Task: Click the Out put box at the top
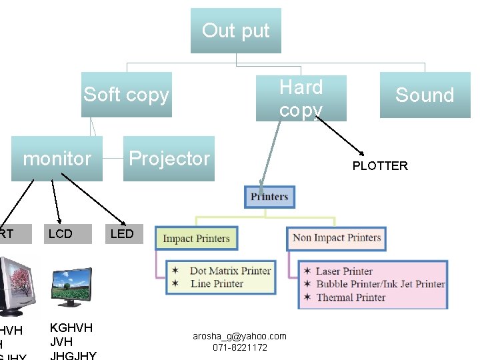(235, 31)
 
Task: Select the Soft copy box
(127, 95)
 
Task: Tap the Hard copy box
(301, 98)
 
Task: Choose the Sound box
(424, 95)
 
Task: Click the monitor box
(57, 159)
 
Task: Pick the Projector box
(169, 159)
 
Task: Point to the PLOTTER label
(380, 166)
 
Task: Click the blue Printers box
(269, 197)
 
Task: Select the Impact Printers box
(196, 239)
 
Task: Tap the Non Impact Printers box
(337, 238)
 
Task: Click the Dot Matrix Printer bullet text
(230, 271)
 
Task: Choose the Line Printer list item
(217, 283)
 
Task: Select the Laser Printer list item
(343, 271)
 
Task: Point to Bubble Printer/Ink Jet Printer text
(380, 284)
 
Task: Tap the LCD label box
(61, 233)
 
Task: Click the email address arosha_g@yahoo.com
(239, 336)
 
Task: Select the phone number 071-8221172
(240, 347)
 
